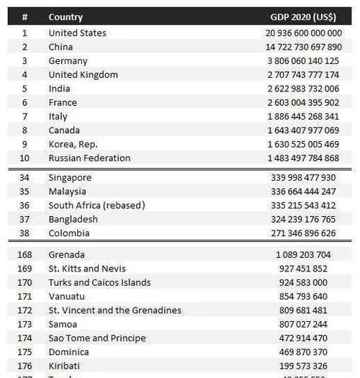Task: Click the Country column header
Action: point(66,17)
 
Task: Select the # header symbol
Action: point(24,17)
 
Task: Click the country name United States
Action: point(77,33)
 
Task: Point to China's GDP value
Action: point(302,47)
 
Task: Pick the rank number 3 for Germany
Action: point(24,61)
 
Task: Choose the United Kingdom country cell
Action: point(83,75)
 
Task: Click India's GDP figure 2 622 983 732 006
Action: point(303,89)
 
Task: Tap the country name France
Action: point(63,102)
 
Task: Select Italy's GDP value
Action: point(303,117)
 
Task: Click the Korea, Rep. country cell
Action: point(73,144)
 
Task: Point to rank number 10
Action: point(24,158)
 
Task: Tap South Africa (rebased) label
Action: point(96,205)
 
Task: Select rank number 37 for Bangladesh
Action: point(24,219)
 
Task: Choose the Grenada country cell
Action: point(66,255)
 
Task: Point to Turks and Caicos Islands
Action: point(99,282)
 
